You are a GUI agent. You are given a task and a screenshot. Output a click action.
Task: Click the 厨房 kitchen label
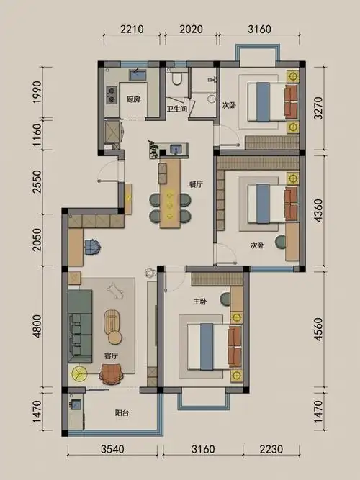click(x=132, y=99)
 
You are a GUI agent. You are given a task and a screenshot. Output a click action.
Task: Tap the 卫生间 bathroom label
click(x=177, y=109)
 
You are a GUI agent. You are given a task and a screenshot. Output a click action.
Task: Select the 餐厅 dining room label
click(x=196, y=184)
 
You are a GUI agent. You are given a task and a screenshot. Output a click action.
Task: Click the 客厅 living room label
click(x=112, y=356)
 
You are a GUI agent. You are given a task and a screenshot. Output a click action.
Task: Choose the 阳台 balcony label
click(x=122, y=414)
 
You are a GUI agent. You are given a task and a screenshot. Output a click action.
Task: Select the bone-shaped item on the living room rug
click(x=114, y=290)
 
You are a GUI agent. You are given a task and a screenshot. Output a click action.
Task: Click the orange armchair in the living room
click(x=111, y=372)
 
